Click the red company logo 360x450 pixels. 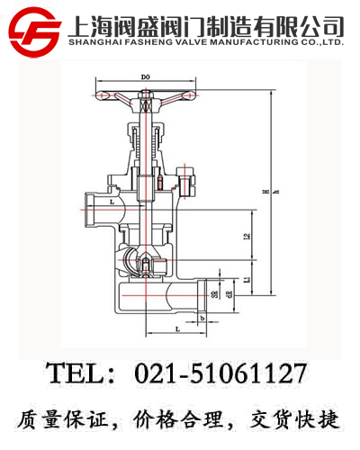coord(32,31)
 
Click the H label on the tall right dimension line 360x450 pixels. coord(264,192)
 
